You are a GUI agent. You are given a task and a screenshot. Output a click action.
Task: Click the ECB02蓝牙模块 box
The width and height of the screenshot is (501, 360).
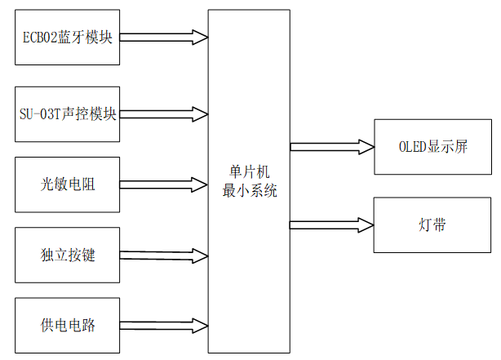click(67, 38)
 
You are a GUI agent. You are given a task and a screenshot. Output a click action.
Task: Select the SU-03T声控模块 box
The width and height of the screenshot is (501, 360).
click(67, 113)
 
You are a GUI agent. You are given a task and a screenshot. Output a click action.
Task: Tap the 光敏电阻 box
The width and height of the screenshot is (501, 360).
click(67, 184)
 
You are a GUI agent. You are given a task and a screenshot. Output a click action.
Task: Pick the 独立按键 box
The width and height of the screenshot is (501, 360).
click(67, 256)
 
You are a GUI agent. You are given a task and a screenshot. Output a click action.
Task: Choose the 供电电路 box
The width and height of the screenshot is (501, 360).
click(67, 326)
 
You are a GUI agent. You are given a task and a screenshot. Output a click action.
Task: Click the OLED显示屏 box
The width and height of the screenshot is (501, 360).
click(433, 147)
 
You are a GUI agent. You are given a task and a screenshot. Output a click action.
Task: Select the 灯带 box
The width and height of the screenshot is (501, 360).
click(433, 224)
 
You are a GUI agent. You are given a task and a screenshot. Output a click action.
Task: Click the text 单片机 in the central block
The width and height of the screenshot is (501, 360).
click(250, 174)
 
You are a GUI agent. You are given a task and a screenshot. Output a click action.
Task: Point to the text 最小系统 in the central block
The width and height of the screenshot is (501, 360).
click(250, 192)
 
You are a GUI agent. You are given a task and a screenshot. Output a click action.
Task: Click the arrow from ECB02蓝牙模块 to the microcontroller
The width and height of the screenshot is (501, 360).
click(163, 37)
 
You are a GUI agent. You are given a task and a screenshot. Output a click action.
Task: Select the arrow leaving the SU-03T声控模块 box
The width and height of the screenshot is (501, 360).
click(163, 113)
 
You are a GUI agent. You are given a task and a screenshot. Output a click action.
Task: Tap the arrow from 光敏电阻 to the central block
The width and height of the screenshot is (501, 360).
click(163, 184)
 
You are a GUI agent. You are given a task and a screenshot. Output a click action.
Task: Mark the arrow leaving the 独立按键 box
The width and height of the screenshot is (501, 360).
click(163, 256)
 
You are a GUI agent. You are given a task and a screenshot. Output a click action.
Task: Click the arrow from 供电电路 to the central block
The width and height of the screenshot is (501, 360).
click(163, 326)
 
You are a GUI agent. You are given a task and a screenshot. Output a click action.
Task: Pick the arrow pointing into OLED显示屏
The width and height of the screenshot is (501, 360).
click(331, 147)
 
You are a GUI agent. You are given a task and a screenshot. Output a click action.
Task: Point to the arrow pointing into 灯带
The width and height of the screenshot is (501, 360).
click(331, 224)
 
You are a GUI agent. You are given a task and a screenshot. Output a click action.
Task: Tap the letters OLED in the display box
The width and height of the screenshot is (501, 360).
click(413, 147)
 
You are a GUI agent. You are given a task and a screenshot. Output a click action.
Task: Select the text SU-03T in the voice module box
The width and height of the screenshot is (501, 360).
click(38, 113)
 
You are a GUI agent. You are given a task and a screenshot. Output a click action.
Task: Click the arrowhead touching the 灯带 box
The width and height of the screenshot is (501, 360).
click(364, 224)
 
